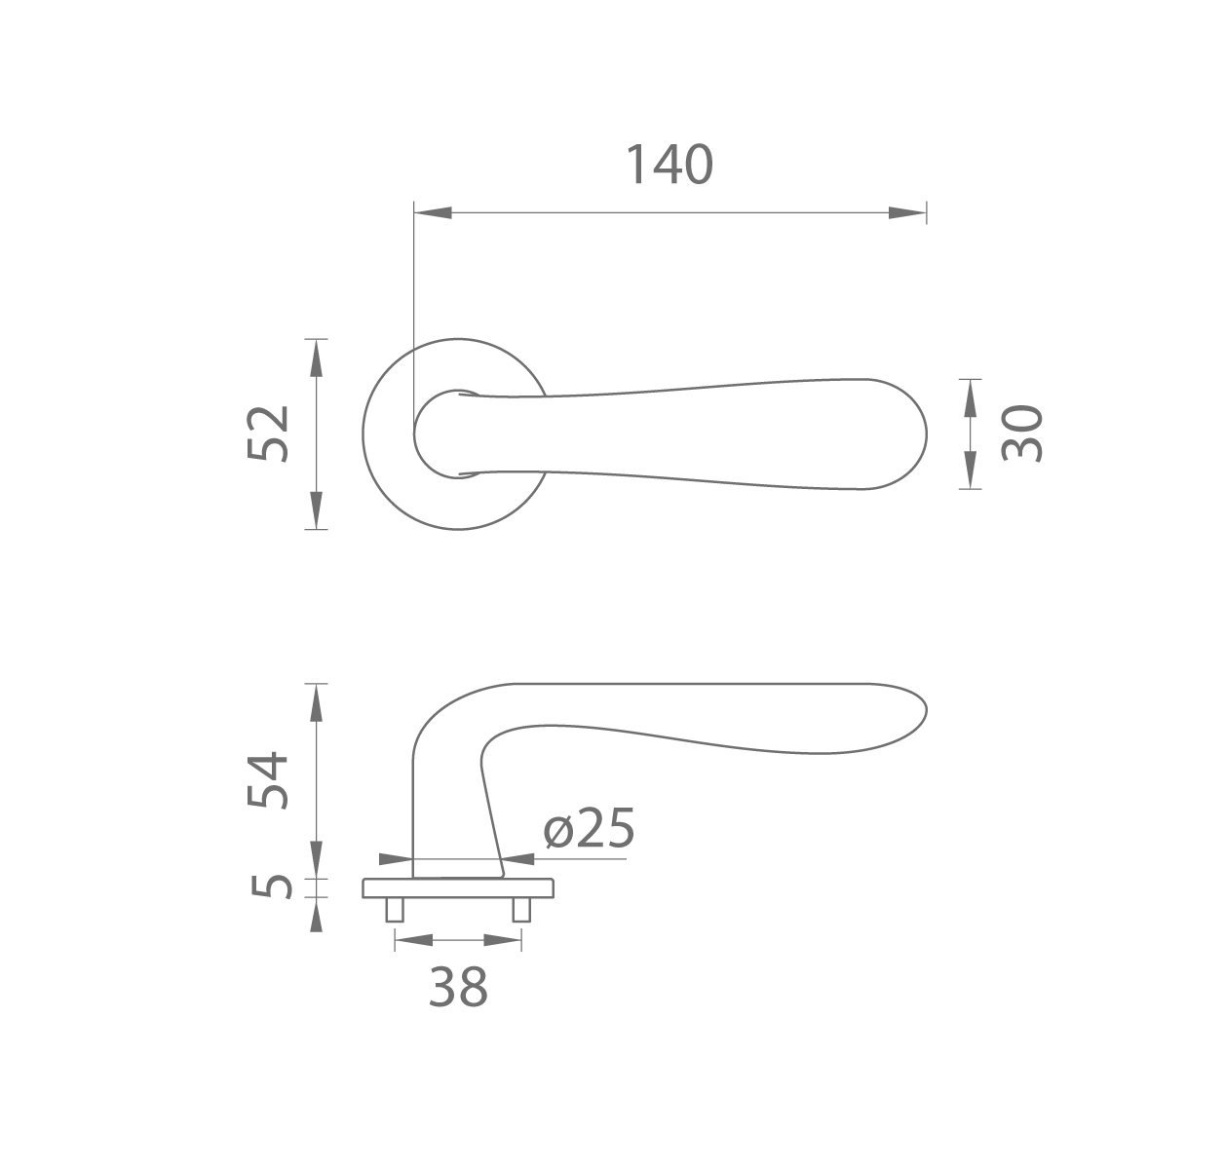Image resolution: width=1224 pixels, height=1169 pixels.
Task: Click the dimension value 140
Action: pyautogui.click(x=669, y=165)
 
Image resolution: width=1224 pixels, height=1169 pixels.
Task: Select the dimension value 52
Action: pyautogui.click(x=267, y=434)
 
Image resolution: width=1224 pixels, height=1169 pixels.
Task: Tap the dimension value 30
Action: pyautogui.click(x=1021, y=434)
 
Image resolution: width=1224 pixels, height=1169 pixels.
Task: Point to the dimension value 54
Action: pyautogui.click(x=267, y=779)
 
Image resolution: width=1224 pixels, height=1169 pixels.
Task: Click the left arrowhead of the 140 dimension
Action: pyautogui.click(x=433, y=212)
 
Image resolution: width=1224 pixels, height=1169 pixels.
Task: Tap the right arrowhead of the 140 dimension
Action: pyautogui.click(x=907, y=212)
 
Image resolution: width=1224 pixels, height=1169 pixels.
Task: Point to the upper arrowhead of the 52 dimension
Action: pyautogui.click(x=317, y=358)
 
